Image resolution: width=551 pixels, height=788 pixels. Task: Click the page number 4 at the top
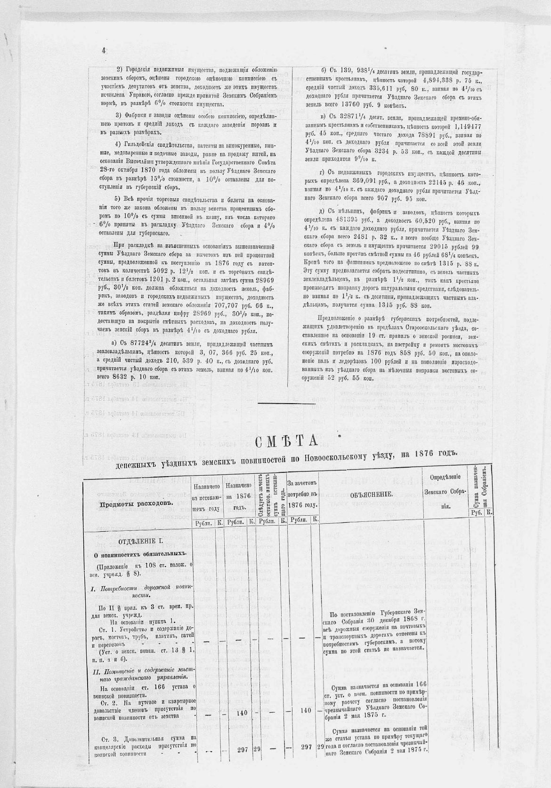tap(104, 51)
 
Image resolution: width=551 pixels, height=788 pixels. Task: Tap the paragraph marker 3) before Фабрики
tap(119, 115)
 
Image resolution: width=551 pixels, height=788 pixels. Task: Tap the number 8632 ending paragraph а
tap(123, 377)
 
